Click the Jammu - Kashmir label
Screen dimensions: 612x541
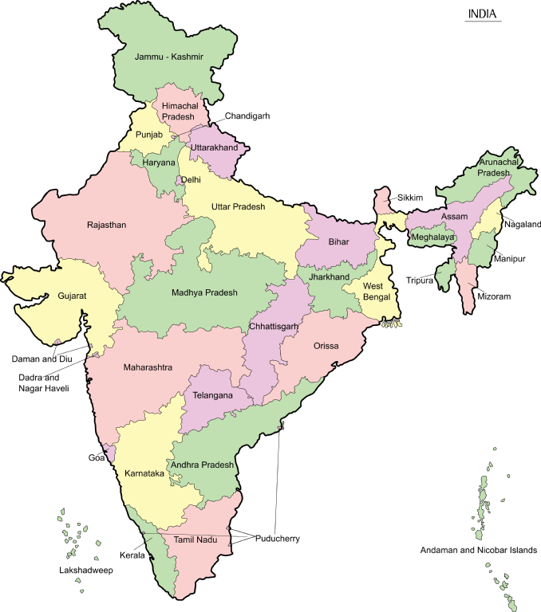169,57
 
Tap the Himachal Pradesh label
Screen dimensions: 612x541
180,112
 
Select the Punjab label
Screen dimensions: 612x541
149,135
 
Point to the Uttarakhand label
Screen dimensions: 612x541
214,148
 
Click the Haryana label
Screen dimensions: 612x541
159,163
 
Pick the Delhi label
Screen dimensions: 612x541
191,180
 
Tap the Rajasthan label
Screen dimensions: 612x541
107,225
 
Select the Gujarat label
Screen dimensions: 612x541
72,296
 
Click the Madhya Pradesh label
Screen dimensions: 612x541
204,292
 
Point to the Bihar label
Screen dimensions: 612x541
338,241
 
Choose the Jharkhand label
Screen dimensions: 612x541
329,277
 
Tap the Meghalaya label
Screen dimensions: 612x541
432,237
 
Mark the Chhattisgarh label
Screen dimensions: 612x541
274,327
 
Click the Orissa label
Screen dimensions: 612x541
326,346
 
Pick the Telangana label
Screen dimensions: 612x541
213,395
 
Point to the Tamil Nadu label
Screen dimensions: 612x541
195,539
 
